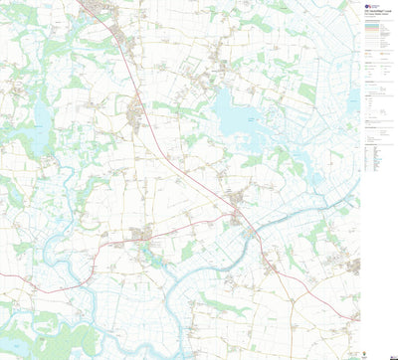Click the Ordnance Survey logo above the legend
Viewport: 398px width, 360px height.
pos(366,6)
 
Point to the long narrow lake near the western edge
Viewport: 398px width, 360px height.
pos(41,127)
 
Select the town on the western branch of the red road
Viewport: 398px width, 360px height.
pos(141,237)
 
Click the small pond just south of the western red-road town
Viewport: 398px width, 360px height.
pos(149,255)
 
